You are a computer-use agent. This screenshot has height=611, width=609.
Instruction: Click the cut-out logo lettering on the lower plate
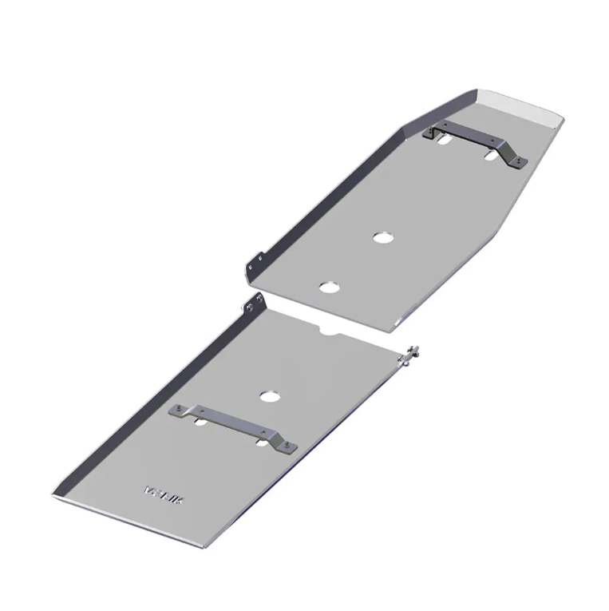163,493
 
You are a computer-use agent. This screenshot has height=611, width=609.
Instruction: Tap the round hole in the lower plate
270,396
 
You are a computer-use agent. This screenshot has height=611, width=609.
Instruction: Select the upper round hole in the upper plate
382,237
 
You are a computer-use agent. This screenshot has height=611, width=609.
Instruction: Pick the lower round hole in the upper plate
328,286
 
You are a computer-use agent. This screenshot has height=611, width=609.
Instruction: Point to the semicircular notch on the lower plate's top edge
328,330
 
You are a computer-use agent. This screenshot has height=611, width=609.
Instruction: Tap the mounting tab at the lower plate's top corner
255,304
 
